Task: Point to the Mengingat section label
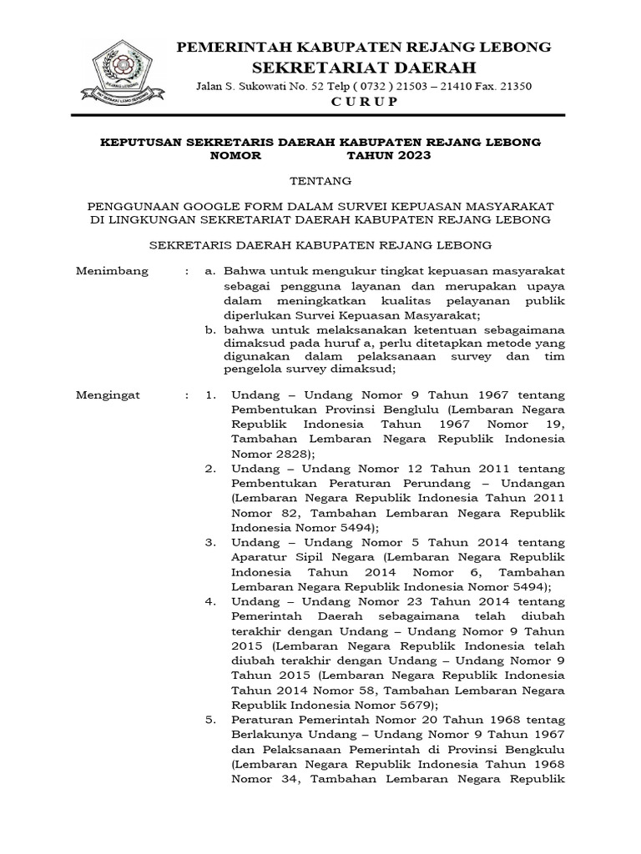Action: [109, 394]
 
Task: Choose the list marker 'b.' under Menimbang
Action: [212, 332]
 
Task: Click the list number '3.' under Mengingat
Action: [211, 543]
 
